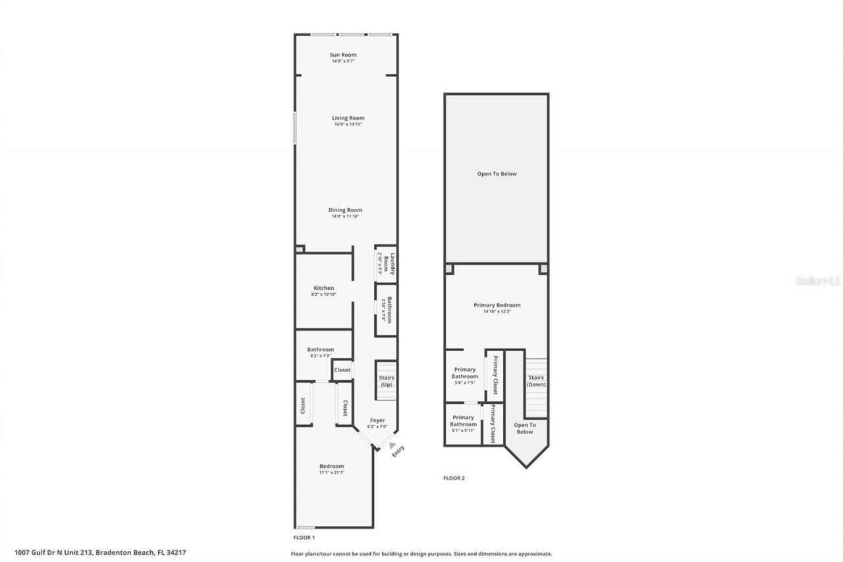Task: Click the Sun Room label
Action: [x=343, y=55]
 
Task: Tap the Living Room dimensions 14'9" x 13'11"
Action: [x=348, y=125]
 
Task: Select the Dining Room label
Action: [x=346, y=210]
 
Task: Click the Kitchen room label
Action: [x=323, y=288]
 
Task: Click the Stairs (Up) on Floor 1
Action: [x=386, y=381]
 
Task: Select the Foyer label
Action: [x=377, y=420]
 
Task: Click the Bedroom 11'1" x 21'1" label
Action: [x=331, y=466]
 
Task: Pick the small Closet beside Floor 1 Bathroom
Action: [x=342, y=370]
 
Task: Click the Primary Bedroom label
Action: [x=497, y=305]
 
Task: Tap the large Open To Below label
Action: [x=497, y=174]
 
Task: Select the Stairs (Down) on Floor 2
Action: [x=536, y=381]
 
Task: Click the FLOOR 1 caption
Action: [x=304, y=538]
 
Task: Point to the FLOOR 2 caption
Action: [x=454, y=478]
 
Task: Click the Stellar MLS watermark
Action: [x=818, y=281]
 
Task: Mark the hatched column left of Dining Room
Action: [x=300, y=250]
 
